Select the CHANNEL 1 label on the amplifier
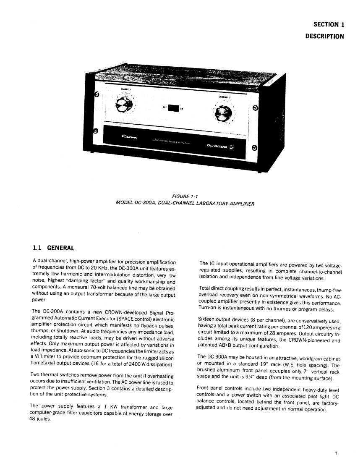(125, 89)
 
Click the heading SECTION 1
(329, 25)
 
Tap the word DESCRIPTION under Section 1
(324, 36)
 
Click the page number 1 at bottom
(336, 453)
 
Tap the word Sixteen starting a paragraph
(207, 321)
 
